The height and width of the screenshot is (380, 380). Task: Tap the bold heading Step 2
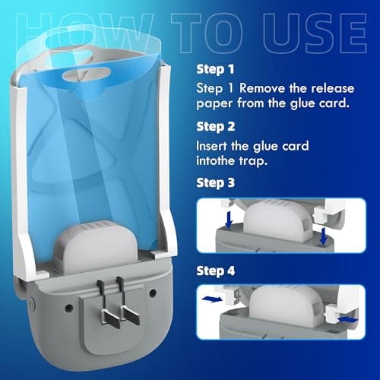[214, 125]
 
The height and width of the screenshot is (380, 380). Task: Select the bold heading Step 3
[214, 182]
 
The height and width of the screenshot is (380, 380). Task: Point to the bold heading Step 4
[214, 270]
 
